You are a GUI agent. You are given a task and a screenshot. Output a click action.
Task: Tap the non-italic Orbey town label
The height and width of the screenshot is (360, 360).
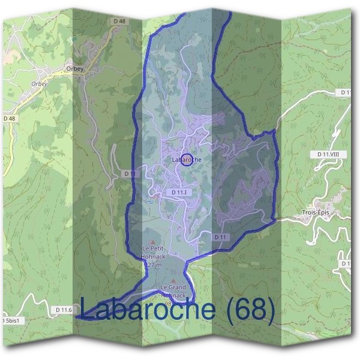pyautogui.click(x=77, y=68)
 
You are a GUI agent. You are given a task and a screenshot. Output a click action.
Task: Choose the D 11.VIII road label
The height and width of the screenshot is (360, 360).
pyautogui.click(x=328, y=154)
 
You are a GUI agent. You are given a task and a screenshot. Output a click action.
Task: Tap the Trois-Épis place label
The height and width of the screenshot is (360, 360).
pyautogui.click(x=316, y=213)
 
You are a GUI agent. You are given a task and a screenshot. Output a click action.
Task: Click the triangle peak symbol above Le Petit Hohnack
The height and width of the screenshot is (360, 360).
pyautogui.click(x=152, y=241)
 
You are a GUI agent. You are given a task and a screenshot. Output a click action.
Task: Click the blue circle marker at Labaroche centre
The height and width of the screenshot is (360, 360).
pyautogui.click(x=187, y=160)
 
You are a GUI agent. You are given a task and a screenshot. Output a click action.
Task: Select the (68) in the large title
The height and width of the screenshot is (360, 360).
pyautogui.click(x=248, y=310)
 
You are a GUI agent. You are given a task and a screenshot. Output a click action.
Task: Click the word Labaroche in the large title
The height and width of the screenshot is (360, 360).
pyautogui.click(x=147, y=310)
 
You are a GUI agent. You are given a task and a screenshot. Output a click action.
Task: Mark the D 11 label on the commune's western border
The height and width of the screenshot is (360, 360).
pyautogui.click(x=131, y=173)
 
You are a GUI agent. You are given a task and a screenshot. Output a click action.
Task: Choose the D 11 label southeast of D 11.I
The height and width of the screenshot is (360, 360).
pyautogui.click(x=220, y=238)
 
